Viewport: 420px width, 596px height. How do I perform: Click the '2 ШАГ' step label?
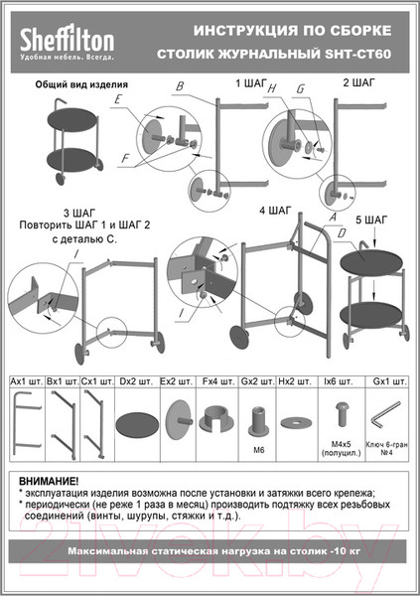(359, 83)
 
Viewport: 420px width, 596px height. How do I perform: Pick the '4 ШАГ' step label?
(274, 211)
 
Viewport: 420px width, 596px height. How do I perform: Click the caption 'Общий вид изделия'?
(78, 86)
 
